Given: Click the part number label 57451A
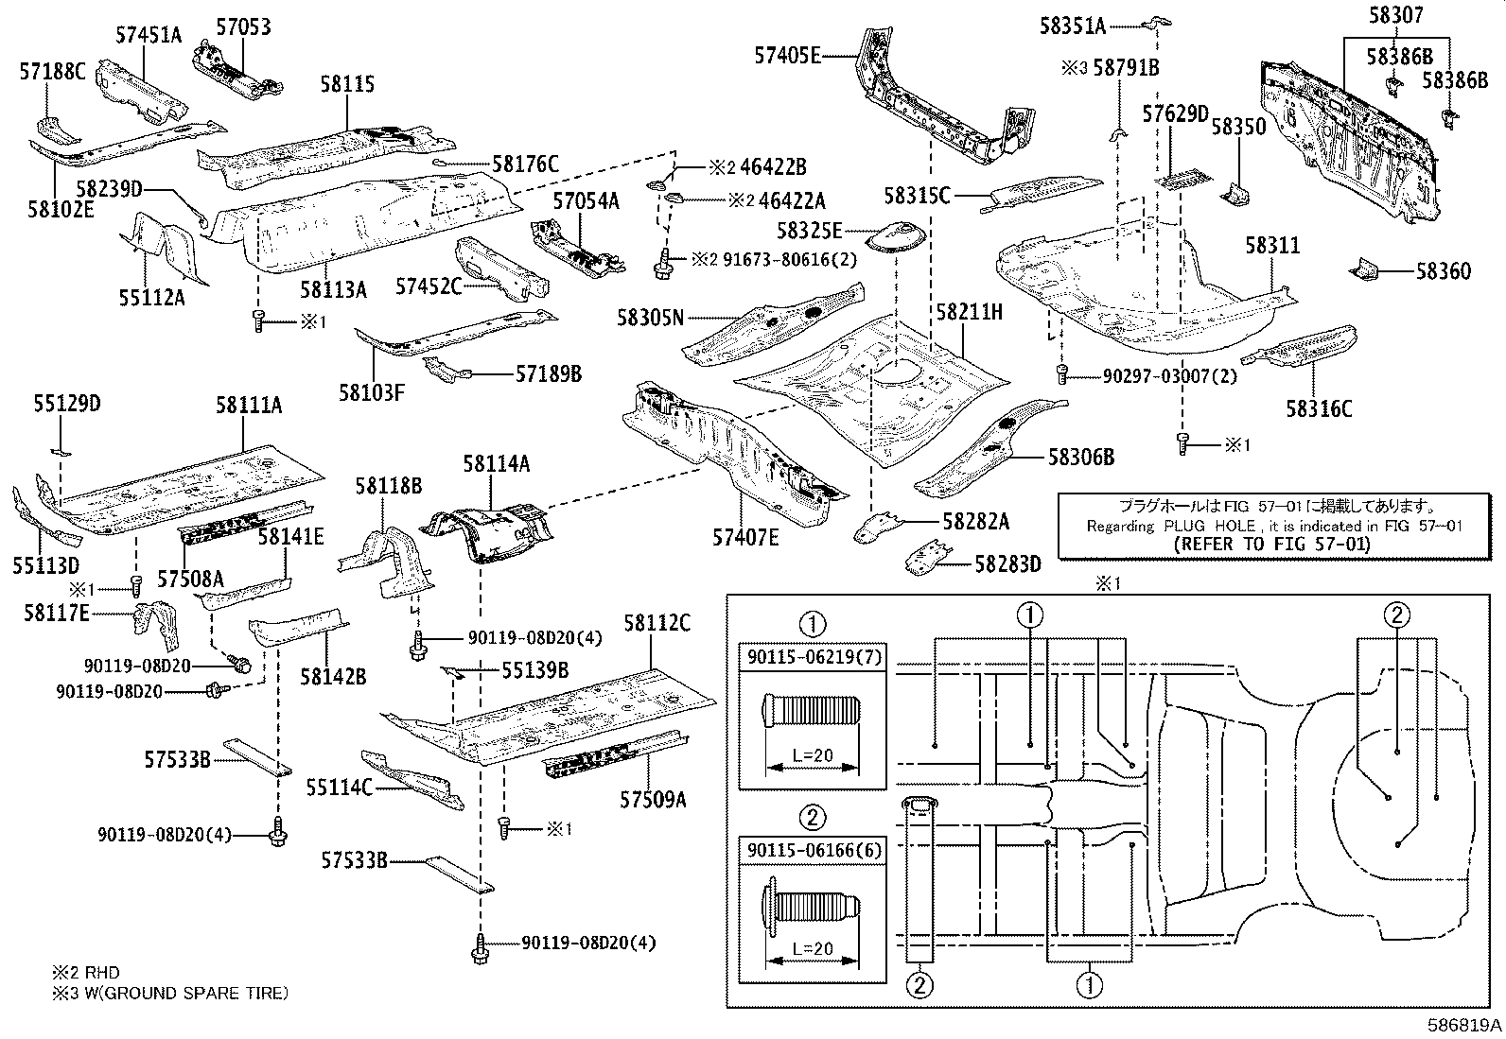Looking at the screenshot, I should pyautogui.click(x=149, y=35).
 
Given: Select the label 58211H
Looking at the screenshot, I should pyautogui.click(x=969, y=311).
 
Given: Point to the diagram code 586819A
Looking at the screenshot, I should pyautogui.click(x=1464, y=1024).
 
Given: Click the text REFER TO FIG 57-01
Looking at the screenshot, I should pyautogui.click(x=1270, y=544).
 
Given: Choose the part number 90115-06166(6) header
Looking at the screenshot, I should pyautogui.click(x=812, y=850).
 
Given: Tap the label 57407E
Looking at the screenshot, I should pyautogui.click(x=745, y=538).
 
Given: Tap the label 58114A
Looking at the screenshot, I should pyautogui.click(x=496, y=463).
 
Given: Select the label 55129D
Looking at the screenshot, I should pyautogui.click(x=67, y=405).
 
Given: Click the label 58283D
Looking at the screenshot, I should pyautogui.click(x=1007, y=564).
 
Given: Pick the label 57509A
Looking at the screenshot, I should pyautogui.click(x=653, y=799).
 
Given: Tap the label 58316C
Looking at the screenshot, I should pyautogui.click(x=1319, y=408).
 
